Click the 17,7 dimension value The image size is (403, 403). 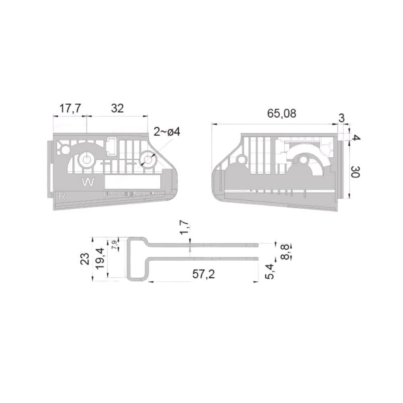tap(70, 108)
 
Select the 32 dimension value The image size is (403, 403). tap(117, 108)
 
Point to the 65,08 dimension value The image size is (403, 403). tap(282, 114)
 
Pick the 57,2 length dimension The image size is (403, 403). tap(204, 274)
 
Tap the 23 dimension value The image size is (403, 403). tap(85, 258)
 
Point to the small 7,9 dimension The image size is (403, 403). tap(114, 245)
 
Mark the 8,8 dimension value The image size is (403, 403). tap(285, 251)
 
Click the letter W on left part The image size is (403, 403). tap(88, 183)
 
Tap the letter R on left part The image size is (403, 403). tap(62, 196)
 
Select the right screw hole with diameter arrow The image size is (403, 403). tap(148, 160)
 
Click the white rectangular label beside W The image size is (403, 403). tap(133, 182)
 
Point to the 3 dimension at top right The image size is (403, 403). tap(341, 118)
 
